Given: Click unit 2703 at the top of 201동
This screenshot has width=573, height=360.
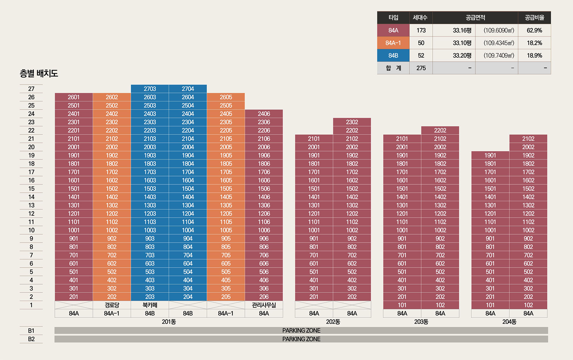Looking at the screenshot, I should pyautogui.click(x=150, y=89).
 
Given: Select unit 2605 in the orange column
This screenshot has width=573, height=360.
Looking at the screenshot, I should pyautogui.click(x=226, y=97).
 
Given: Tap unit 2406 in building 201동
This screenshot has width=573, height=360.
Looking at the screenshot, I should pyautogui.click(x=264, y=114).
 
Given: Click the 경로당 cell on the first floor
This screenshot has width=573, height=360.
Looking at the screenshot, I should pyautogui.click(x=112, y=305).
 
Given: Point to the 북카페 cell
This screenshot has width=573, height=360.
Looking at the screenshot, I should pyautogui.click(x=150, y=305).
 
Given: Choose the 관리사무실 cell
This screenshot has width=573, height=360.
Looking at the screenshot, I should pyautogui.click(x=264, y=305).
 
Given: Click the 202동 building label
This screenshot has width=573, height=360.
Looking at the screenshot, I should pyautogui.click(x=333, y=322).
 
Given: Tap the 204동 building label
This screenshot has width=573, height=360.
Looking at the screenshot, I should pyautogui.click(x=509, y=322).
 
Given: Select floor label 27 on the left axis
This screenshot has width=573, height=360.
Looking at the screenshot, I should pyautogui.click(x=31, y=89).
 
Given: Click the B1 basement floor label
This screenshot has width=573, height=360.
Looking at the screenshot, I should pyautogui.click(x=31, y=331).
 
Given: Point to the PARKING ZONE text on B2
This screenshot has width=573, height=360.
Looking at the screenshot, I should pyautogui.click(x=301, y=339).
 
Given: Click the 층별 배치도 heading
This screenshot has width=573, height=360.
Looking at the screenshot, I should pyautogui.click(x=39, y=74).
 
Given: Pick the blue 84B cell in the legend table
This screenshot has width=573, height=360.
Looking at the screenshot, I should pyautogui.click(x=393, y=55).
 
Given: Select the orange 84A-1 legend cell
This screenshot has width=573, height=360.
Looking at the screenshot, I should pyautogui.click(x=393, y=43).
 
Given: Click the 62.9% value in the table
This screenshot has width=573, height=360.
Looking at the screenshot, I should pyautogui.click(x=534, y=30).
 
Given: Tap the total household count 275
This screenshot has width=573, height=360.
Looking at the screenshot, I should pyautogui.click(x=421, y=68).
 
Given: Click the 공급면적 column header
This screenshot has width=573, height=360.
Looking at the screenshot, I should pyautogui.click(x=475, y=18).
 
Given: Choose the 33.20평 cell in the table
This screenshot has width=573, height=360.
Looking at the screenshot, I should pyautogui.click(x=462, y=55).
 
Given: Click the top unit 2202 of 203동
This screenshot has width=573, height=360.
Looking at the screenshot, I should pyautogui.click(x=440, y=130).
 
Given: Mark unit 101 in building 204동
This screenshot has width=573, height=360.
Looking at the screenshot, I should pyautogui.click(x=490, y=305).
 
